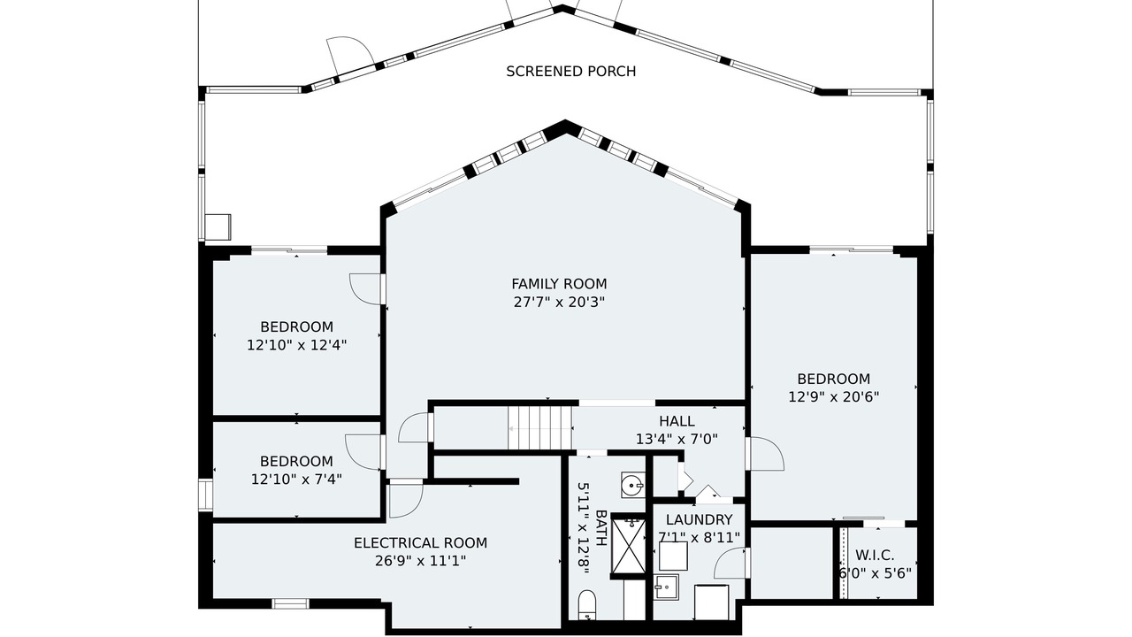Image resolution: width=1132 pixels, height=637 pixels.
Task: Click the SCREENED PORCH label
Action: coord(571,72)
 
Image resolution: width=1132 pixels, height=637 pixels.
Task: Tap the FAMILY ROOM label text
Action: coord(559,284)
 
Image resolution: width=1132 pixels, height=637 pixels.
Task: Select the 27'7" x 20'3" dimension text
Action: coord(559,303)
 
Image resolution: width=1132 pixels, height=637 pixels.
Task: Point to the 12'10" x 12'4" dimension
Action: coord(296,345)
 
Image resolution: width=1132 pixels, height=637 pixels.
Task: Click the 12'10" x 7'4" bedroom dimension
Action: coord(296,479)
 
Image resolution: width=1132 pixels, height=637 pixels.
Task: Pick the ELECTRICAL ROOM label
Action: coord(420,543)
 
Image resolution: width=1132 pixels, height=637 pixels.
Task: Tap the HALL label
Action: coord(677,421)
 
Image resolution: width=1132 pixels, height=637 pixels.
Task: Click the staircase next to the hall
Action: coord(540,428)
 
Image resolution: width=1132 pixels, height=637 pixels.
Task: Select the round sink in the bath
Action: coord(632,486)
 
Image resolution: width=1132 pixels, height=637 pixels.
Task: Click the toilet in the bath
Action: coord(586,604)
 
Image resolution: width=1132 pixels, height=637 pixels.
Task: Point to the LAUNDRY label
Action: coord(699,519)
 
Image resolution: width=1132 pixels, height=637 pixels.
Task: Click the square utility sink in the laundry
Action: coord(666,587)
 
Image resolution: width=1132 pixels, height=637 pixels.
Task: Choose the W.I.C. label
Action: coord(875,555)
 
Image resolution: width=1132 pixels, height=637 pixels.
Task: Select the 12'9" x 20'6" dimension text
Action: coord(834,397)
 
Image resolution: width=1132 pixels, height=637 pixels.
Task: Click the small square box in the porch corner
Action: coord(218,227)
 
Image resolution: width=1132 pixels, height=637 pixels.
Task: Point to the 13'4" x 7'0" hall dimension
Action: coord(677,440)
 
